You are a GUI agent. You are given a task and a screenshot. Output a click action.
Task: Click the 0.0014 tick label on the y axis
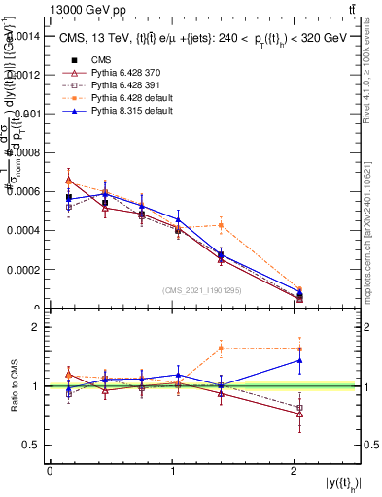tap(22, 35)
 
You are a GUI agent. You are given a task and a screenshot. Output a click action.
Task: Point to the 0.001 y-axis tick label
tap(26, 114)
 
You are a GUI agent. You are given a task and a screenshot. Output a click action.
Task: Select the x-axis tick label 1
tap(172, 471)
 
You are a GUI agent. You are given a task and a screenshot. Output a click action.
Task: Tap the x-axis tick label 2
tap(295, 471)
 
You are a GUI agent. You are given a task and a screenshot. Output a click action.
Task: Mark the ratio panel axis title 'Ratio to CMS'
tap(16, 386)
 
